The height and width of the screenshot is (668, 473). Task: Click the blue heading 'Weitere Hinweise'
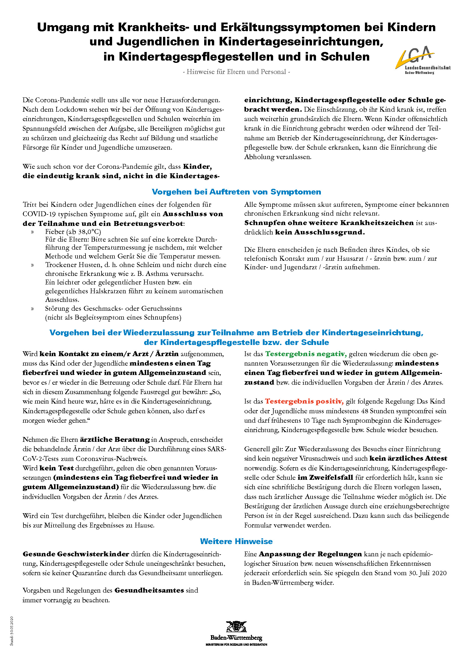(x=236, y=541)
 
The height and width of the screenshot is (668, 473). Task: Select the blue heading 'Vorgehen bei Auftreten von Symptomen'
(x=236, y=192)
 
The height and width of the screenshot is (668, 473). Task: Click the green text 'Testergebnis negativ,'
(x=306, y=354)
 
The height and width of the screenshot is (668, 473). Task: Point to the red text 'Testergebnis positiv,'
(x=304, y=402)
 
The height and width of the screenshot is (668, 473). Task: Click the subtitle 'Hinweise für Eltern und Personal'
(x=236, y=72)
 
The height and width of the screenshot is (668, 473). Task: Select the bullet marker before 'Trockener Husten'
(x=32, y=265)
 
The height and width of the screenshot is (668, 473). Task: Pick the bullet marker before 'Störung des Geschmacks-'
(x=32, y=309)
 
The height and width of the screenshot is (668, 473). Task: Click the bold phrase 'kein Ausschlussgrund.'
(x=320, y=232)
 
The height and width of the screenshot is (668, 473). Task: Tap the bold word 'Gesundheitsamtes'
(x=149, y=590)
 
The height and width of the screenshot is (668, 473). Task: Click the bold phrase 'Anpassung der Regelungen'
(x=310, y=554)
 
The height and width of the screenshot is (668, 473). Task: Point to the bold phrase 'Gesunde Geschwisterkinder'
(x=76, y=554)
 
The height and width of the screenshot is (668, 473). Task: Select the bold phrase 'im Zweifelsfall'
(x=325, y=478)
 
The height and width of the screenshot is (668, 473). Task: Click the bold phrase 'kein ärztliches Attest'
(x=408, y=459)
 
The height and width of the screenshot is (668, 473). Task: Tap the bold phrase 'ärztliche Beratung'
(x=115, y=439)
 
